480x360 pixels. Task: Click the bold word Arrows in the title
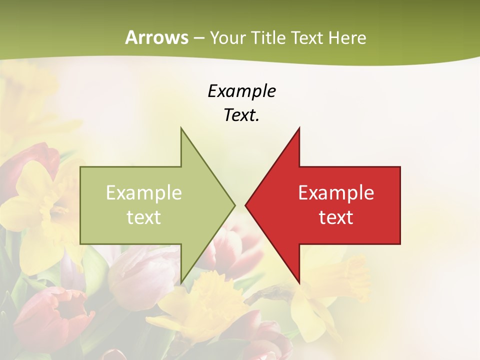click(x=156, y=37)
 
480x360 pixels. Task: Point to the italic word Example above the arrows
click(x=242, y=91)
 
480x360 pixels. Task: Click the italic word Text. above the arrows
click(x=241, y=115)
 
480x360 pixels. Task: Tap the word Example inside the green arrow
click(x=144, y=192)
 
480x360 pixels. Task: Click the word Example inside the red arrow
click(x=336, y=192)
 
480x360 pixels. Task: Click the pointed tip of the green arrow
click(x=234, y=205)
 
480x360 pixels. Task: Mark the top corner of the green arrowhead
click(x=181, y=128)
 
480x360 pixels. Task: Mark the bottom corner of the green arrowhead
click(x=181, y=282)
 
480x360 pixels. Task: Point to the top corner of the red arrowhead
click(x=299, y=128)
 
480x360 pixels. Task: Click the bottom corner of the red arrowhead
click(x=299, y=282)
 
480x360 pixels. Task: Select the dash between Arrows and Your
click(x=198, y=38)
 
